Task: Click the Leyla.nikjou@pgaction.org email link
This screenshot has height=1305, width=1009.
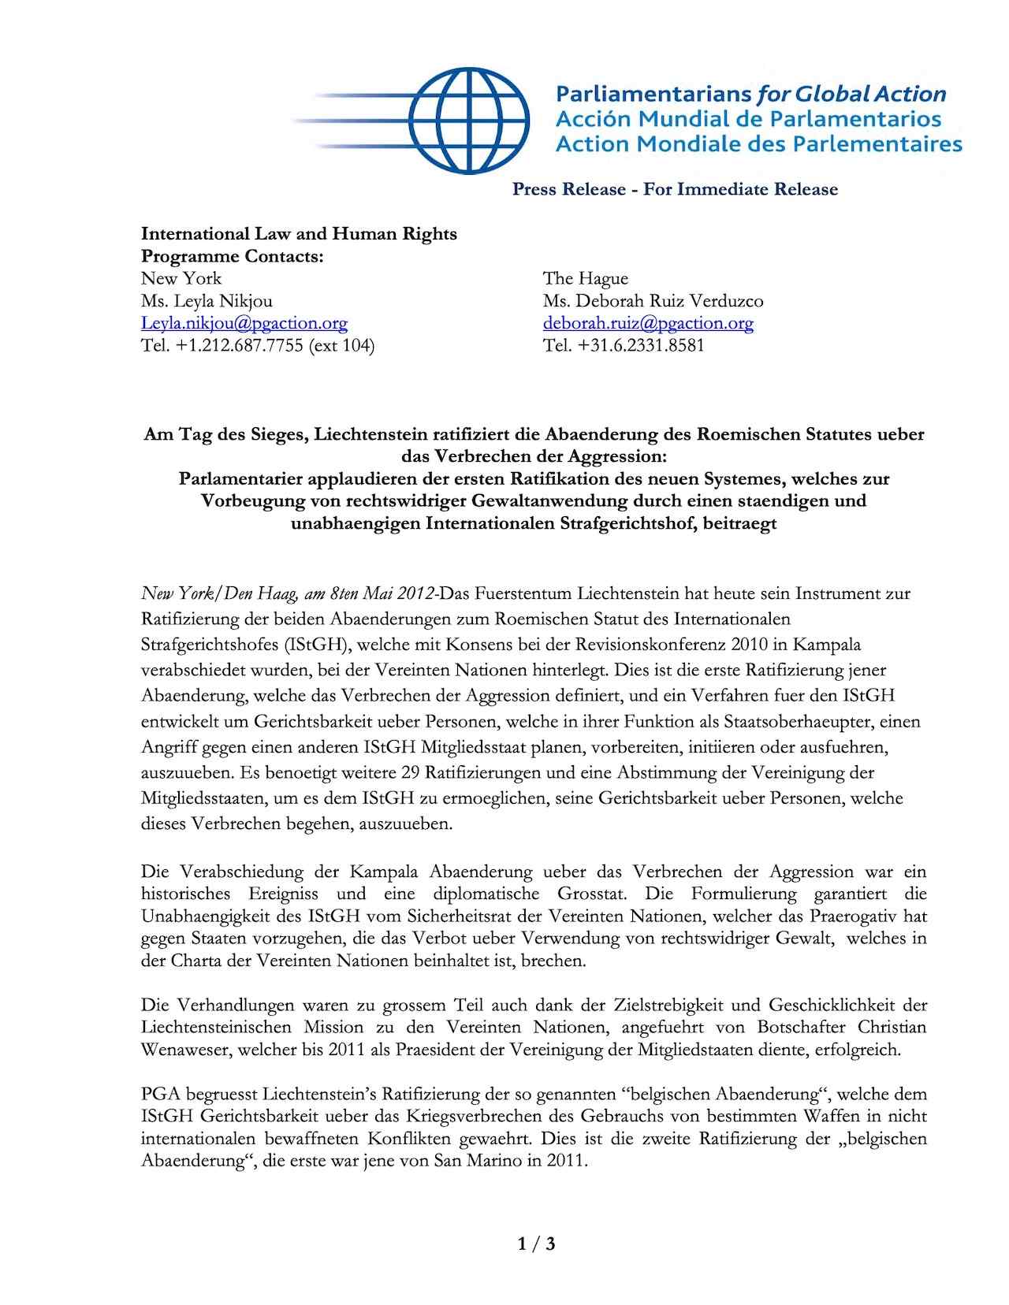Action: [244, 323]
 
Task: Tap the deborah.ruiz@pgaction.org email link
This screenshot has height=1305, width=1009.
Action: [648, 323]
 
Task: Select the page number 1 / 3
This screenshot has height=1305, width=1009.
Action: [537, 1244]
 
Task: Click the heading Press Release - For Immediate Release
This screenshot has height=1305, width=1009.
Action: [675, 189]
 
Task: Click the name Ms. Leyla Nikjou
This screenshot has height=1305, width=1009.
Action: [207, 301]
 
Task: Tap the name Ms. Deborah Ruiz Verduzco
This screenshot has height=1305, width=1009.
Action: [653, 301]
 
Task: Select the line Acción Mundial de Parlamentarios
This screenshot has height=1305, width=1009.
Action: [748, 119]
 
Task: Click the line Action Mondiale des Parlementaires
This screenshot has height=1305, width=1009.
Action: [758, 144]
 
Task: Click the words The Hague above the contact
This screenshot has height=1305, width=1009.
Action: [586, 278]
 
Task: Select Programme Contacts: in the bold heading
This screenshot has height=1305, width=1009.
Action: [233, 256]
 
